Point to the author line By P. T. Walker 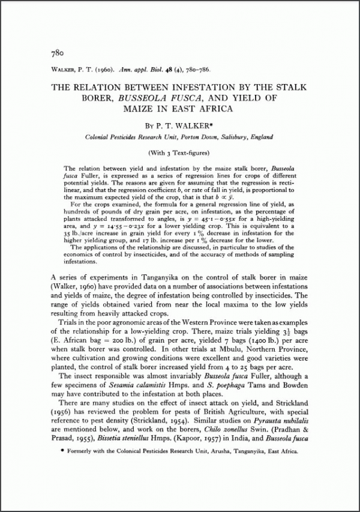[179, 125]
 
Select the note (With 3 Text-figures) [179, 154]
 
